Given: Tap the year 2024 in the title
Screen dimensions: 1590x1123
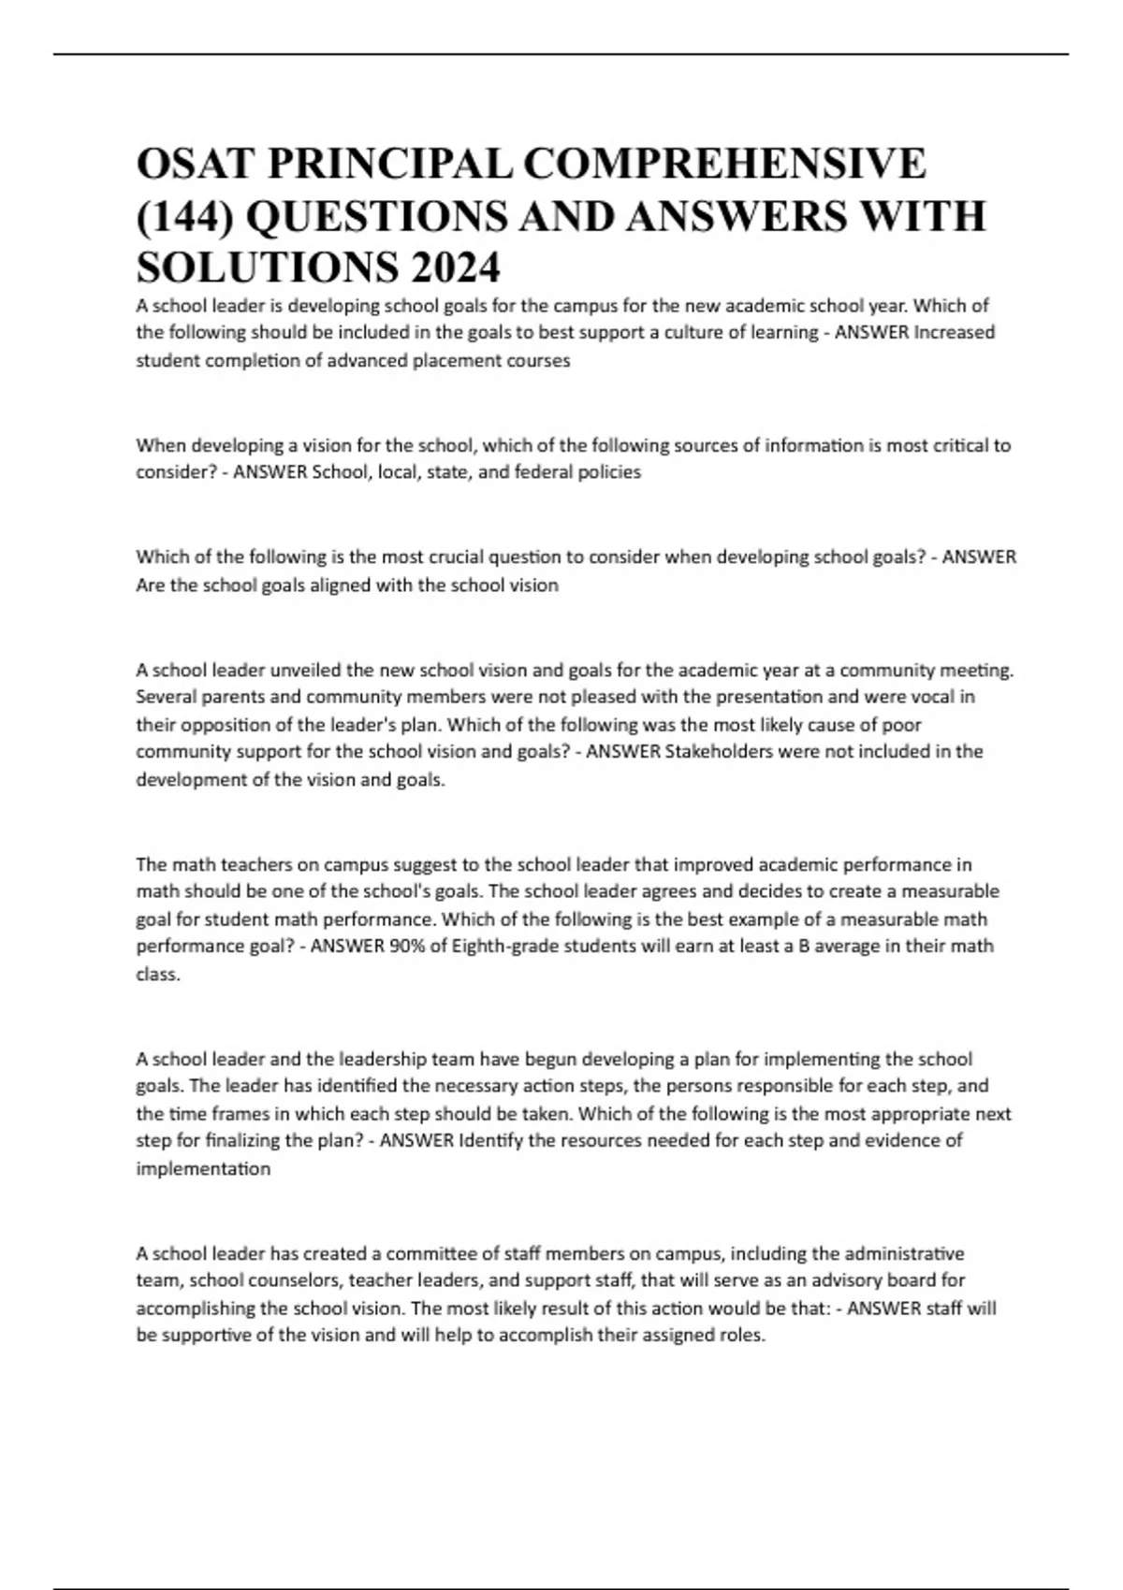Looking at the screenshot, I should pyautogui.click(x=454, y=268).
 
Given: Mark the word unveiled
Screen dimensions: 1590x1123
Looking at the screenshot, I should pyautogui.click(x=305, y=670).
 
